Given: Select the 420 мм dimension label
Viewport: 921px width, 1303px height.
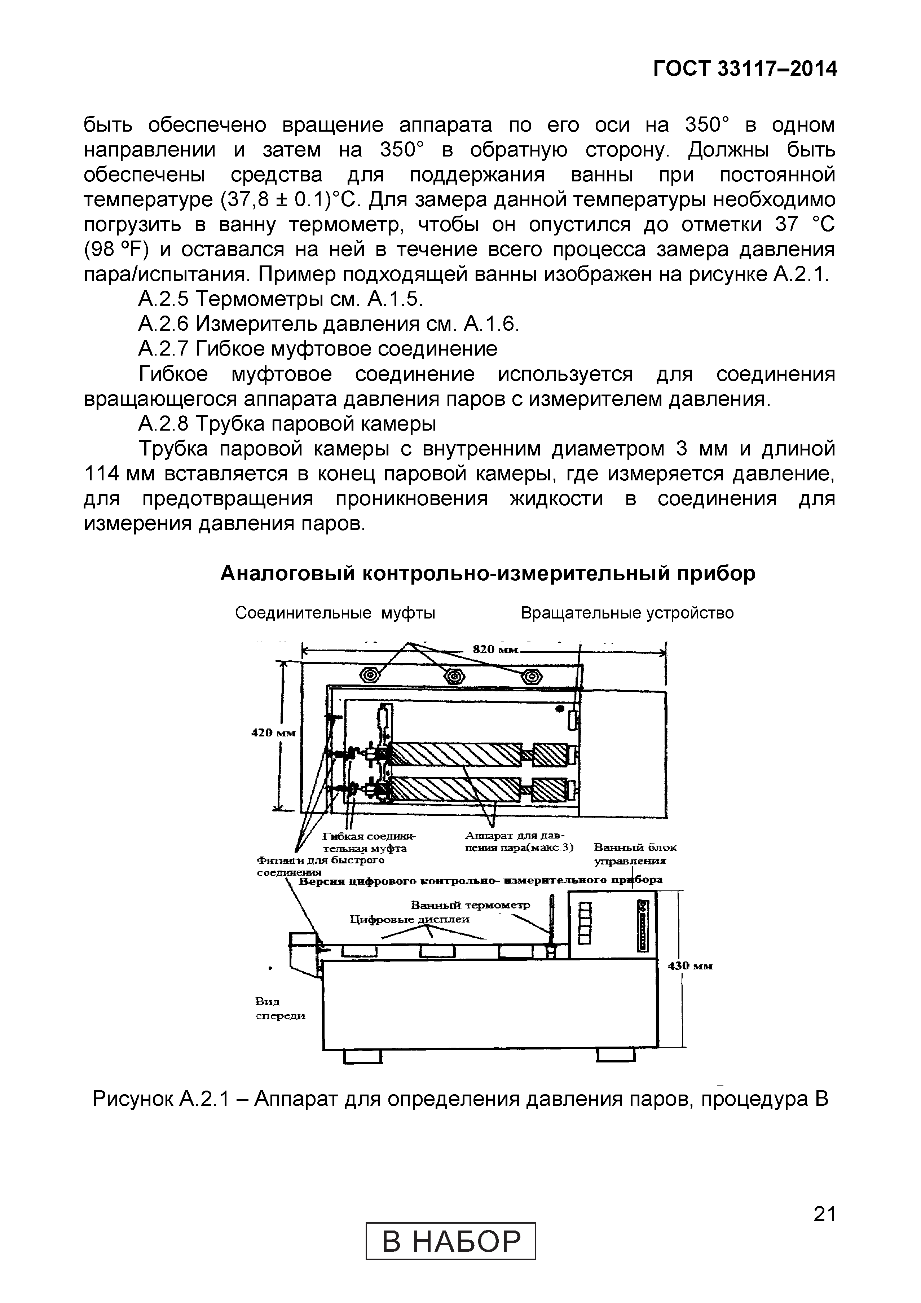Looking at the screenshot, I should click(x=273, y=733).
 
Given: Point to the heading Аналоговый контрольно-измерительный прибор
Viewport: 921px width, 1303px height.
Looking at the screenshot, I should click(x=488, y=574).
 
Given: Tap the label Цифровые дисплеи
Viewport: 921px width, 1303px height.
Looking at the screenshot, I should click(x=409, y=919).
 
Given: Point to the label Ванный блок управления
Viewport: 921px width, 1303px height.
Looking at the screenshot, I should click(x=634, y=854).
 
